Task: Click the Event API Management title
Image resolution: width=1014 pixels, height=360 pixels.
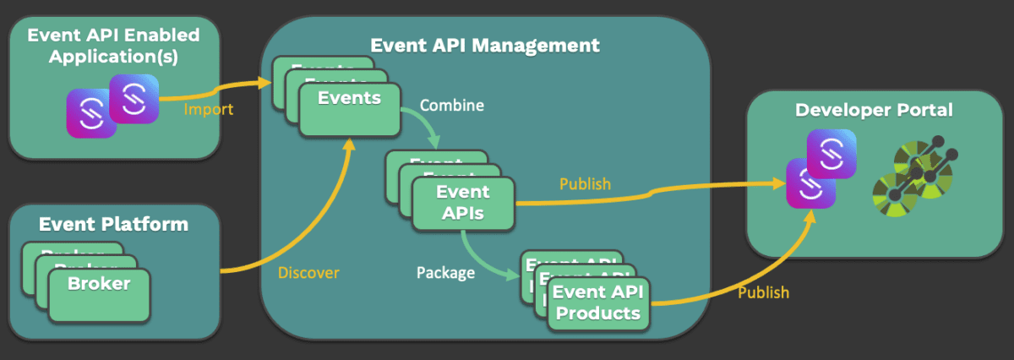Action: [x=485, y=46]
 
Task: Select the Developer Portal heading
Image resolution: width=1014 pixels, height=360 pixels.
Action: [x=874, y=111]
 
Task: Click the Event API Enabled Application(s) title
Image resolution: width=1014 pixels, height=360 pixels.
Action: [x=113, y=46]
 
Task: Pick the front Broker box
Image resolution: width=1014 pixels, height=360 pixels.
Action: [x=99, y=294]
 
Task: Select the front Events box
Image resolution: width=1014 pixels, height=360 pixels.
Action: [x=349, y=109]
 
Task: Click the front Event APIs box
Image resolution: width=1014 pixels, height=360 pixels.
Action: [x=462, y=203]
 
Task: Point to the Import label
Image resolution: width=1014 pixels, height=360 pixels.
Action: [x=208, y=111]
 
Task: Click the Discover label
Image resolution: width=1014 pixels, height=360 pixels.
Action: [x=308, y=273]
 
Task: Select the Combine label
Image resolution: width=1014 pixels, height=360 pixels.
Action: [x=452, y=106]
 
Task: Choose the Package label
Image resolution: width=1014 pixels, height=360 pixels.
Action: [x=445, y=273]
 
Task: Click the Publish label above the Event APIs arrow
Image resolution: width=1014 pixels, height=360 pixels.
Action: [x=585, y=184]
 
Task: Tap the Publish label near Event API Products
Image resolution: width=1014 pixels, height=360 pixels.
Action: [x=763, y=292]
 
